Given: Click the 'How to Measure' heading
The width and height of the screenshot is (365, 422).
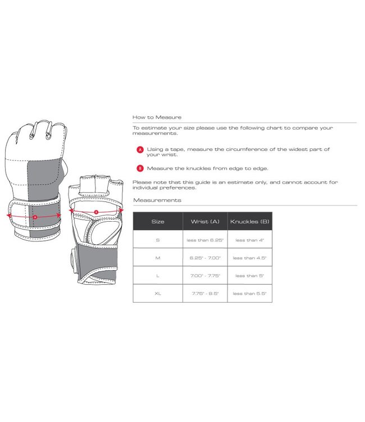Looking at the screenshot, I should click(157, 117).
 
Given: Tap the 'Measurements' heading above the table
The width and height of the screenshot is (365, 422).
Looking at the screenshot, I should click(157, 200).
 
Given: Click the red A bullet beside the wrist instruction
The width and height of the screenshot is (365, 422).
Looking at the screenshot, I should click(140, 150).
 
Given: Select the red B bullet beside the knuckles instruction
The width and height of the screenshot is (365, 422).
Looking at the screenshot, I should click(140, 168).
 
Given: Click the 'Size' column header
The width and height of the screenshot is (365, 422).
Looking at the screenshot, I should click(158, 222).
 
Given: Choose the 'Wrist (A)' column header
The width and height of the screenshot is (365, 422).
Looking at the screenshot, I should click(205, 222).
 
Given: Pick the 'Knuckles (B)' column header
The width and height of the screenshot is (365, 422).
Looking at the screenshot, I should click(250, 222).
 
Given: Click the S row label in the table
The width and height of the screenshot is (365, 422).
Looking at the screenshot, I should click(158, 240).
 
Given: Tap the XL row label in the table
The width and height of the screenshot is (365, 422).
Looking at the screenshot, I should click(158, 293).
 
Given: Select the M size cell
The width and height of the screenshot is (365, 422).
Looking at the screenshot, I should click(158, 258).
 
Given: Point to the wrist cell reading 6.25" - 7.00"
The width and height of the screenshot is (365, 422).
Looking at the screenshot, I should click(205, 258).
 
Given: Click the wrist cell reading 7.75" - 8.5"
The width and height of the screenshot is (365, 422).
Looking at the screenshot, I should click(205, 293).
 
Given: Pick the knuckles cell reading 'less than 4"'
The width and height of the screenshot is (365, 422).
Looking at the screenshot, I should click(250, 240).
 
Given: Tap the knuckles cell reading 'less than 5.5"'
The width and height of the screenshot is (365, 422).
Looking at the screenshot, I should click(250, 293).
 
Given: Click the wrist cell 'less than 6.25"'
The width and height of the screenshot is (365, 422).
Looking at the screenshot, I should click(205, 240).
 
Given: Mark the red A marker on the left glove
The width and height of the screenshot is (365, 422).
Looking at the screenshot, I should click(35, 217).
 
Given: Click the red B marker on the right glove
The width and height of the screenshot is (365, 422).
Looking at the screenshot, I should click(96, 212).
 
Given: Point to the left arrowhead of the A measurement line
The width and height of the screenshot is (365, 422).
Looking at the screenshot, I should click(8, 215).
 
